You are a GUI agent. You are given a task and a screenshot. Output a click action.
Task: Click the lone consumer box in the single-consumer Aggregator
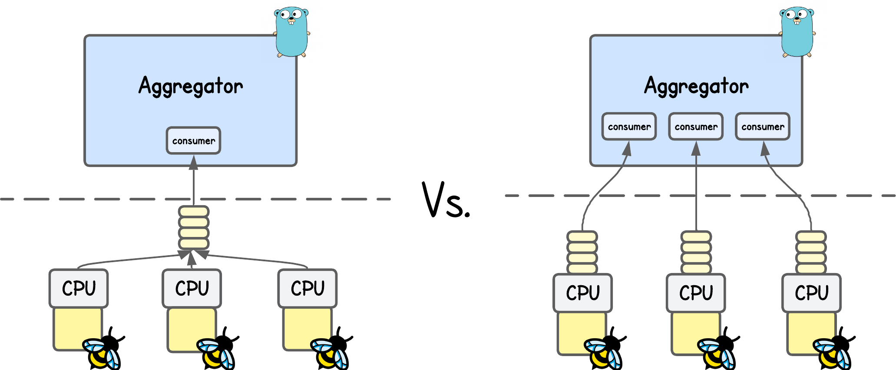point(193,140)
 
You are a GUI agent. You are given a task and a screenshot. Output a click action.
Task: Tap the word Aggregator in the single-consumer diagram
point(191,86)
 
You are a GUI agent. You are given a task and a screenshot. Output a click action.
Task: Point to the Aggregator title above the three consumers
point(696,86)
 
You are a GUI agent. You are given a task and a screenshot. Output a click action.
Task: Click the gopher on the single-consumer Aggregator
point(291,32)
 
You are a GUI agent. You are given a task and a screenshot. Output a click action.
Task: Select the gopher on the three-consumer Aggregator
point(797,32)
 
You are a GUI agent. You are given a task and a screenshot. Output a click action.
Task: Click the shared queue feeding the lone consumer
point(194,227)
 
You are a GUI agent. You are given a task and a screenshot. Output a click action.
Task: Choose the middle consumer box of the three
point(696,127)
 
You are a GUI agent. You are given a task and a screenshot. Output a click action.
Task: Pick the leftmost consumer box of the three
point(629,127)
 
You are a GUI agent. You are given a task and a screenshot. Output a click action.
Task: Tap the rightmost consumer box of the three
point(763,127)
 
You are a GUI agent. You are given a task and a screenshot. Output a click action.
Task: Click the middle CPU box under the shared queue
point(192,288)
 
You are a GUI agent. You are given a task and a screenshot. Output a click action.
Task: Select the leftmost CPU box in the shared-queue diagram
point(79,288)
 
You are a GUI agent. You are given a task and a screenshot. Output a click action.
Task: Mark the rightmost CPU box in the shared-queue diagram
point(307,288)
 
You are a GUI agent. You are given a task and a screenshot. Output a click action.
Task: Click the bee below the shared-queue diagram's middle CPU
point(215,353)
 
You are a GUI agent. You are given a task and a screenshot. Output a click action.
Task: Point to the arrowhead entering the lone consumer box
point(194,163)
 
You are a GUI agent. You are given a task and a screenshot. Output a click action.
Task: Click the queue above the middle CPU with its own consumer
point(696,252)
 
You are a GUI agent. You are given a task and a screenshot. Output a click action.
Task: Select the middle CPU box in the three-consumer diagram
point(696,293)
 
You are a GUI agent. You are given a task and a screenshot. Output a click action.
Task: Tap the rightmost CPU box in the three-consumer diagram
point(811,293)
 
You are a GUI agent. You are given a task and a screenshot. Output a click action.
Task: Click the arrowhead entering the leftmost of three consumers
point(627,149)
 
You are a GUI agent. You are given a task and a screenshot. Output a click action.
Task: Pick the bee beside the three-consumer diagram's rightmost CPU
point(831,353)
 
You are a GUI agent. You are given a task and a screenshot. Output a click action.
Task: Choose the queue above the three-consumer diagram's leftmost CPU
point(582,252)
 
